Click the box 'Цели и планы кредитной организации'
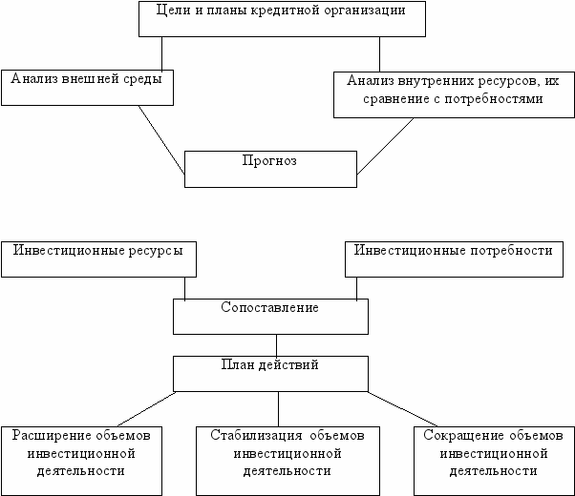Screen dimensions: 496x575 pos(282,20)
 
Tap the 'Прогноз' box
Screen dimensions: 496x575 pos(270,169)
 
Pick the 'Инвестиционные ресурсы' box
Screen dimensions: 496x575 pos(98,258)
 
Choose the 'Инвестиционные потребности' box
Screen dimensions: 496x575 pos(454,258)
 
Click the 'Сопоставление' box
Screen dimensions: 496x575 pos(270,317)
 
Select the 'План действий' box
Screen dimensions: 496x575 pos(270,373)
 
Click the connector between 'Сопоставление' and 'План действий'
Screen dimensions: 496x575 pos(277,344)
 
